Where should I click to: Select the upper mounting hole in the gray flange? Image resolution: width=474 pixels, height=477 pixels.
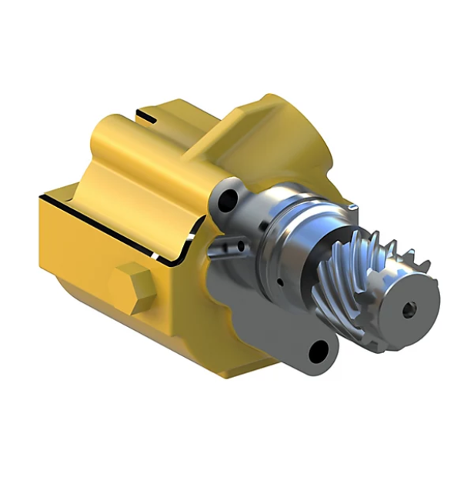point(226,202)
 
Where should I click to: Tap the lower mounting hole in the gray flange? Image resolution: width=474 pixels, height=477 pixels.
point(319,352)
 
